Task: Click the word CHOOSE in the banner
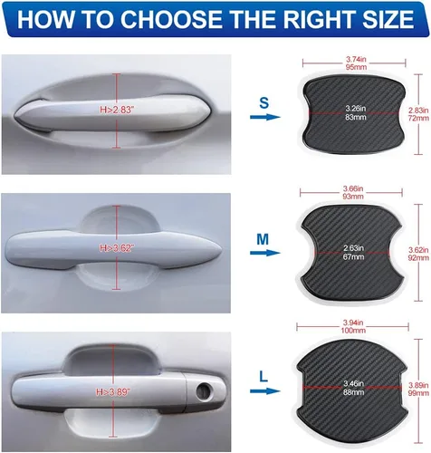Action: click(174, 19)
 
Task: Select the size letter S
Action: click(263, 103)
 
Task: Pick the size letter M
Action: click(263, 239)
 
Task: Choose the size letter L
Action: click(263, 376)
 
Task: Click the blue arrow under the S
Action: click(265, 117)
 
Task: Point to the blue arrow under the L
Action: click(265, 391)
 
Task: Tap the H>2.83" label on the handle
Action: click(117, 110)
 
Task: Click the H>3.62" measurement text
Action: click(117, 248)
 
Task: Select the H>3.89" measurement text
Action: click(113, 392)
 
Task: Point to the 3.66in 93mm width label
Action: click(353, 192)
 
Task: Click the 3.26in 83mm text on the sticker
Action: click(356, 112)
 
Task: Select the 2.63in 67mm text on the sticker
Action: click(354, 253)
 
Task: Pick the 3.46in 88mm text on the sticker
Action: click(354, 388)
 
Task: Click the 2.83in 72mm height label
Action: click(418, 114)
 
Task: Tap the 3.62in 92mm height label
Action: click(418, 254)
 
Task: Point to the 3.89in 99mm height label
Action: click(418, 389)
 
